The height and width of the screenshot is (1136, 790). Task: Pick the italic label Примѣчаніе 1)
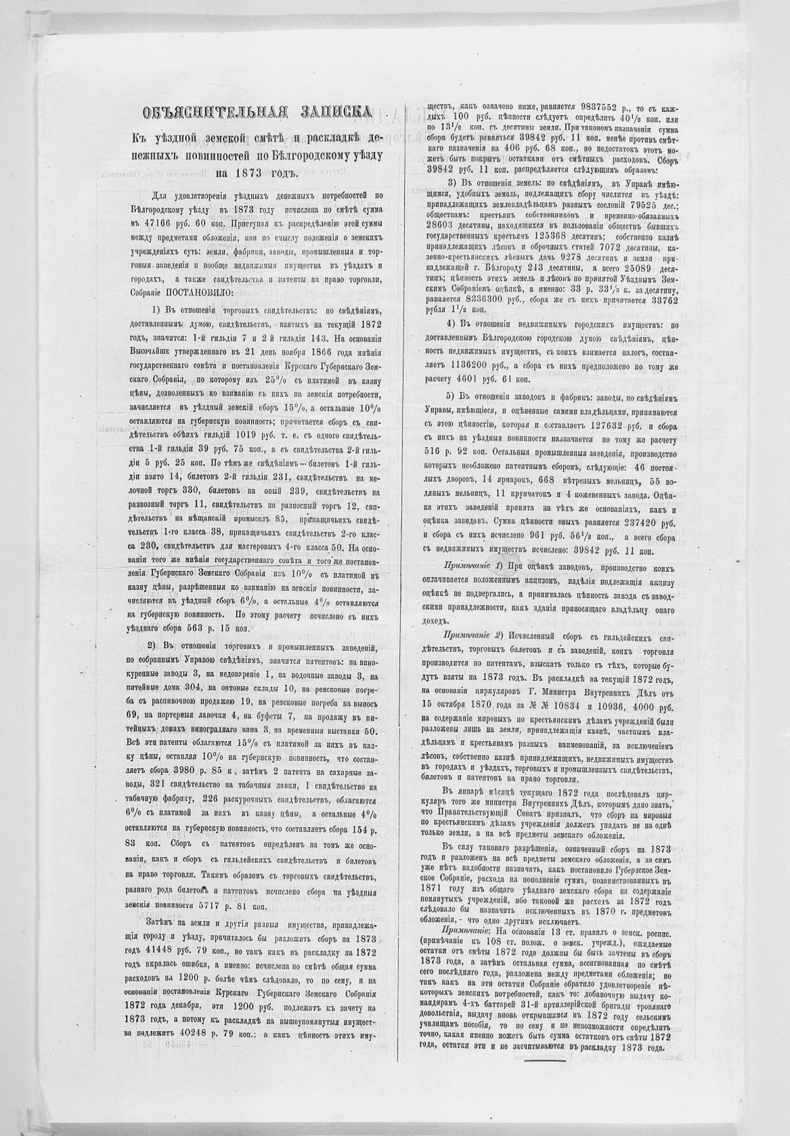pos(471,565)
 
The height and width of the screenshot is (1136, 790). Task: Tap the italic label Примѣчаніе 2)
pos(471,636)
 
